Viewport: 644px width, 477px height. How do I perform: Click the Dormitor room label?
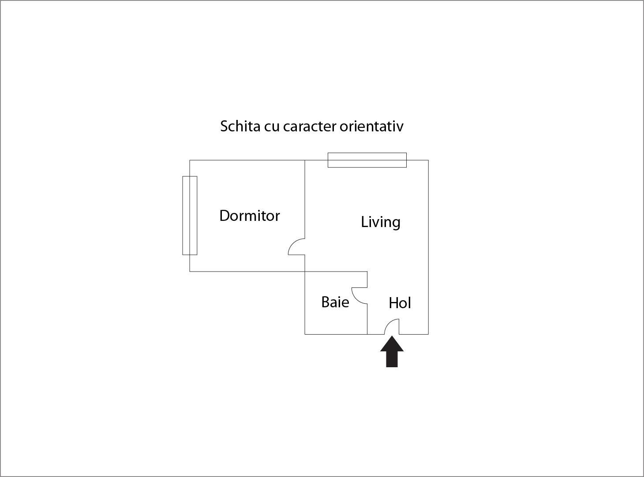[x=249, y=216]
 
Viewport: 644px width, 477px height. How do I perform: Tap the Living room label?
[x=381, y=223]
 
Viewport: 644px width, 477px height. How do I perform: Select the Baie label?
[x=335, y=302]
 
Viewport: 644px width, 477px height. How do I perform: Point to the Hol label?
[x=400, y=303]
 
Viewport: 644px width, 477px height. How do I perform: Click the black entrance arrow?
[x=392, y=352]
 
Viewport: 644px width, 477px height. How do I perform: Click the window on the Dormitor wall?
[x=190, y=216]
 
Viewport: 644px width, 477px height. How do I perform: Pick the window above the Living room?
[x=367, y=160]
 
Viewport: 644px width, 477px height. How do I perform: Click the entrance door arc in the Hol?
[x=389, y=323]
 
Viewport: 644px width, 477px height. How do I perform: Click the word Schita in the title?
[x=240, y=126]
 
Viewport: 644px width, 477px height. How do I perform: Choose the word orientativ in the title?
[x=372, y=126]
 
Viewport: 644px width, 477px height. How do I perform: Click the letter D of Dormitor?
[x=225, y=216]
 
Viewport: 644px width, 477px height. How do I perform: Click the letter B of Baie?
[x=326, y=302]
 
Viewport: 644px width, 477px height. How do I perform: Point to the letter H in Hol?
[x=394, y=303]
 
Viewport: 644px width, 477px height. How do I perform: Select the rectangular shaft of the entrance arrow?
[x=392, y=359]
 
